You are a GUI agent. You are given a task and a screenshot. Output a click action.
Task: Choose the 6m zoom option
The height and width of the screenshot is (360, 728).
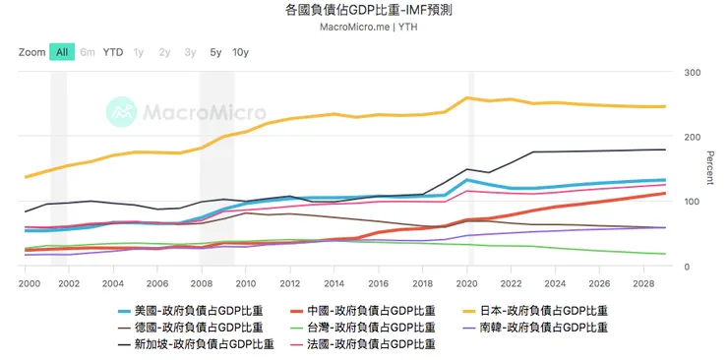(88, 52)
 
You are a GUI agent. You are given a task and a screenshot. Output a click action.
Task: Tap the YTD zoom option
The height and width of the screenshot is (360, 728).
(113, 52)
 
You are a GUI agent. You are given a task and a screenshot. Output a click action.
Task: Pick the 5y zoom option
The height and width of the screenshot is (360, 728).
(215, 52)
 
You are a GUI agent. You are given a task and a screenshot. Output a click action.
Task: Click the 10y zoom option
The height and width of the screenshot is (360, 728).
(240, 52)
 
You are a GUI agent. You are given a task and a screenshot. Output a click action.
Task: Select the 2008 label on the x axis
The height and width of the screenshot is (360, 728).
(201, 282)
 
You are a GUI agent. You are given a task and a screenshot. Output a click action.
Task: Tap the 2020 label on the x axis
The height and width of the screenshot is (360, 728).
(466, 282)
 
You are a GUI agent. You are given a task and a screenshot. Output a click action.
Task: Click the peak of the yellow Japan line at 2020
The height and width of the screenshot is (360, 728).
(466, 97)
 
